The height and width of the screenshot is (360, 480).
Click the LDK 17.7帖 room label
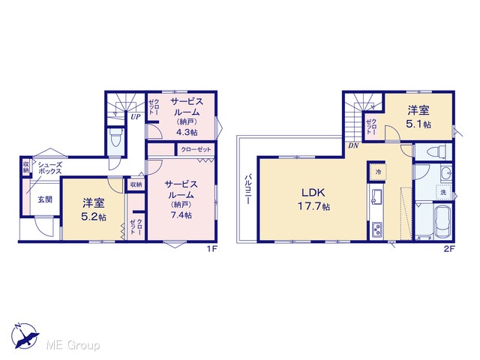[x=313, y=199]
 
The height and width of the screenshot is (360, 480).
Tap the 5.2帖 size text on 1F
[x=93, y=217]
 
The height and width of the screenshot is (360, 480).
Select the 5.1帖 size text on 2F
[x=418, y=124]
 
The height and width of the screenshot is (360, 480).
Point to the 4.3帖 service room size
[x=187, y=132]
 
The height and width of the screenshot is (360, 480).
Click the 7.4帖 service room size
[x=181, y=215]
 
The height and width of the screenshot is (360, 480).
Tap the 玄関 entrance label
[x=45, y=199]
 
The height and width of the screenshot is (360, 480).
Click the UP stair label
[x=135, y=117]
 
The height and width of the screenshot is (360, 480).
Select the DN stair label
[x=353, y=146]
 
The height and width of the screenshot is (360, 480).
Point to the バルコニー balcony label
[x=248, y=189]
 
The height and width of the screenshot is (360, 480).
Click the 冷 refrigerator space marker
[x=378, y=172]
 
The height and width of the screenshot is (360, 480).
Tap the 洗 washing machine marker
[x=443, y=193]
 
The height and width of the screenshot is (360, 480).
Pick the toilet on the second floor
[x=438, y=152]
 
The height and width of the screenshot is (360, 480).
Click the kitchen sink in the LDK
[x=376, y=196]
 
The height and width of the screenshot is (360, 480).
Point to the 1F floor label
[x=211, y=249]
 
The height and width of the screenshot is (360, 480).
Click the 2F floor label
[x=449, y=249]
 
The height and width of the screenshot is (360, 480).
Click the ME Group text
[x=73, y=345]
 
